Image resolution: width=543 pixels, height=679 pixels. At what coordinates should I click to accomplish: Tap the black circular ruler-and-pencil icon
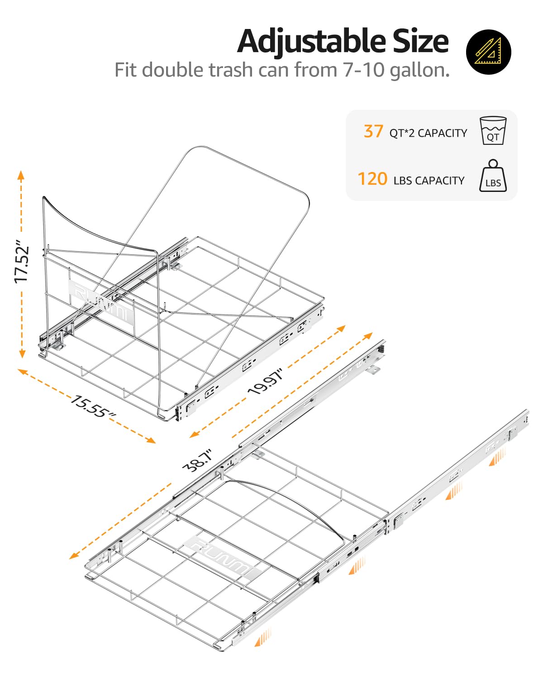488,52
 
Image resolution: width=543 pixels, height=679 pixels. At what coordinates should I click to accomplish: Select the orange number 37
373,132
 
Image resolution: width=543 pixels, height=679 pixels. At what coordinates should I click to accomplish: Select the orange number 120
372,179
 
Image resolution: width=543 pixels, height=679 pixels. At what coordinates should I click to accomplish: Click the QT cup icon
493,131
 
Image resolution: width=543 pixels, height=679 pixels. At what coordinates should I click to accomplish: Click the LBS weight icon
493,177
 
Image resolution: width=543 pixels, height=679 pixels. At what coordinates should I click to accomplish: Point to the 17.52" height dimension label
21,261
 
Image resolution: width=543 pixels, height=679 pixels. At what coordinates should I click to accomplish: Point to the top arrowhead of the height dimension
21,174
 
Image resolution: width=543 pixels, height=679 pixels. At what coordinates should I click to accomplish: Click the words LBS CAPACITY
429,181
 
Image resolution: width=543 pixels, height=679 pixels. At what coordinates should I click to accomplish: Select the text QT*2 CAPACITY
428,133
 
